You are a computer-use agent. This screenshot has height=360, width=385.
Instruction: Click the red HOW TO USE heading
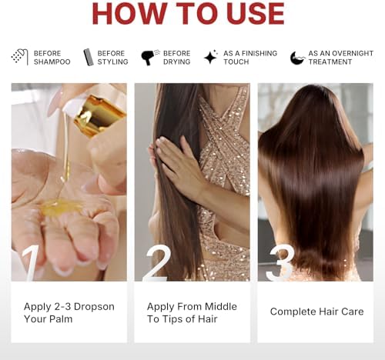tap(188, 15)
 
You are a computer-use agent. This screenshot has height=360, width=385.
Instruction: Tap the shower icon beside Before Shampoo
tap(19, 57)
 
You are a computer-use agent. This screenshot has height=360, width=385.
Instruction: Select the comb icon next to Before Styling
tap(88, 57)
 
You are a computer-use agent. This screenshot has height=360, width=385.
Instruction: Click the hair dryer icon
tap(148, 57)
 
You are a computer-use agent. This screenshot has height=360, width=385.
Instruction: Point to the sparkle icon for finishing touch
tap(210, 57)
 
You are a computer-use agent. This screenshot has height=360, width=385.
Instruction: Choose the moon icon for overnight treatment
tap(297, 57)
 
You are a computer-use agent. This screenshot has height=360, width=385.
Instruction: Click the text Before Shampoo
tap(52, 57)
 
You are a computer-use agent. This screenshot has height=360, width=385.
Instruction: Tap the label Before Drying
tap(177, 57)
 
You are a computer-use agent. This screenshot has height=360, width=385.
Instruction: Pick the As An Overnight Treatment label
tap(334, 57)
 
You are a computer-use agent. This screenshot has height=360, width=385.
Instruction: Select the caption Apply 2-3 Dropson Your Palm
tap(69, 312)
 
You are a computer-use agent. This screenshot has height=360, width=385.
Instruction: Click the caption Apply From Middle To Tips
tap(192, 312)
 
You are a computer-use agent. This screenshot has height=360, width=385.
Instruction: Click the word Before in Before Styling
tap(111, 53)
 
